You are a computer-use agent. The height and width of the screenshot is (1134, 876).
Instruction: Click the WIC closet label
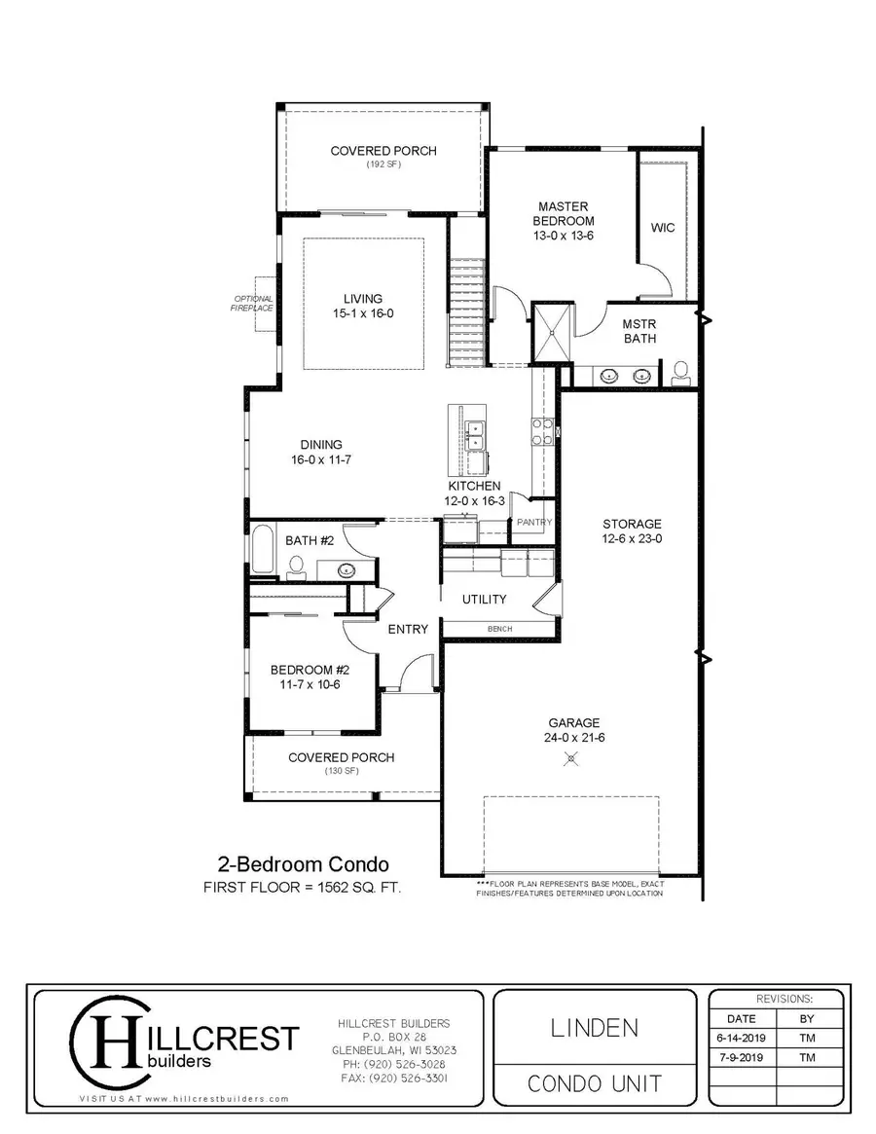(x=662, y=228)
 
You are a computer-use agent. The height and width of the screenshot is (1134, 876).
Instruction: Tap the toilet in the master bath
(x=679, y=372)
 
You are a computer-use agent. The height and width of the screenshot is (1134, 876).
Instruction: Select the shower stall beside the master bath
(x=550, y=331)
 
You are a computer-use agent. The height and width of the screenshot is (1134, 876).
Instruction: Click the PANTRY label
(x=534, y=523)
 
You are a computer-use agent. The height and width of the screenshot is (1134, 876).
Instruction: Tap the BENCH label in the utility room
(x=499, y=630)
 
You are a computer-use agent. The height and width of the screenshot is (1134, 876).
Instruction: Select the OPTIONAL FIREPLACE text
(x=252, y=303)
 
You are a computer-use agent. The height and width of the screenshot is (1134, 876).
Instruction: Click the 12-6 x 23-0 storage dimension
(x=632, y=538)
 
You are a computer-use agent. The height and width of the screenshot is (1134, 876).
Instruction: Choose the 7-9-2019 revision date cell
(x=743, y=1057)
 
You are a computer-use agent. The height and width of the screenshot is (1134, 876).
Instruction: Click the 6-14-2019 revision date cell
(x=743, y=1038)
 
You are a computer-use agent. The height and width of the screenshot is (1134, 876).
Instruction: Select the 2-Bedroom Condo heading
(x=303, y=864)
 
